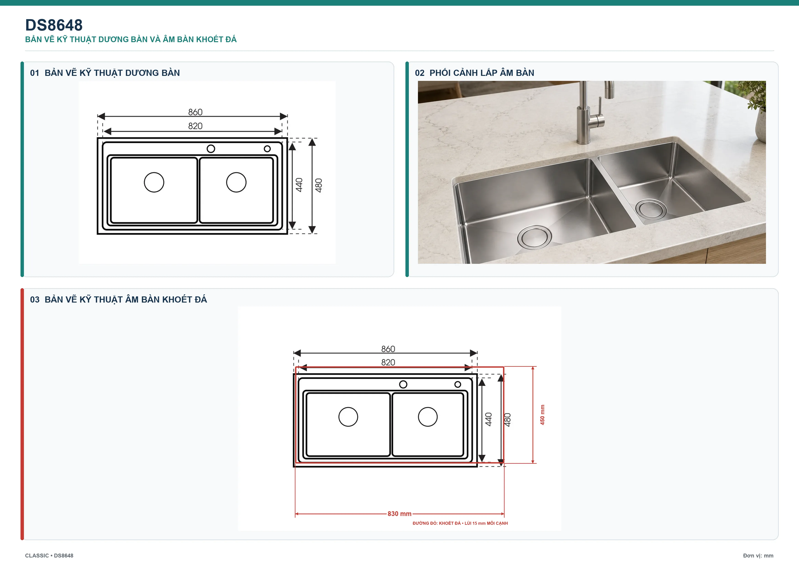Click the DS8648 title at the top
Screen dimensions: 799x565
pyautogui.click(x=54, y=25)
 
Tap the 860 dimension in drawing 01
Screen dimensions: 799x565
pyautogui.click(x=195, y=112)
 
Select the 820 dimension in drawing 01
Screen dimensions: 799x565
pyautogui.click(x=195, y=126)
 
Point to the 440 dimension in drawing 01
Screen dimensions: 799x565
pyautogui.click(x=299, y=185)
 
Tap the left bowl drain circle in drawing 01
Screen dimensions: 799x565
pyautogui.click(x=154, y=182)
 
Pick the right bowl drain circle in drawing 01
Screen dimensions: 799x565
pyautogui.click(x=236, y=182)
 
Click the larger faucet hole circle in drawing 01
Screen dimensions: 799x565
pyautogui.click(x=211, y=149)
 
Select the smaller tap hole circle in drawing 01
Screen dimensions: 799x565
pyautogui.click(x=267, y=149)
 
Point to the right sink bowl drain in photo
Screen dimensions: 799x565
pyautogui.click(x=651, y=209)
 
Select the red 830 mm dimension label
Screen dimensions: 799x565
pyautogui.click(x=399, y=514)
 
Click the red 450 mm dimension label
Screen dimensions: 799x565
pyautogui.click(x=542, y=415)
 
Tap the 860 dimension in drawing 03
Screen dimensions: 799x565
pyautogui.click(x=388, y=349)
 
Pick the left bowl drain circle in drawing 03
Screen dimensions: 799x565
pyautogui.click(x=348, y=417)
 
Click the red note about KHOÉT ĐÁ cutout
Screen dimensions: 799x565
pyautogui.click(x=460, y=523)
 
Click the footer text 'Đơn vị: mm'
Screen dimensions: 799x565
pyautogui.click(x=758, y=556)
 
